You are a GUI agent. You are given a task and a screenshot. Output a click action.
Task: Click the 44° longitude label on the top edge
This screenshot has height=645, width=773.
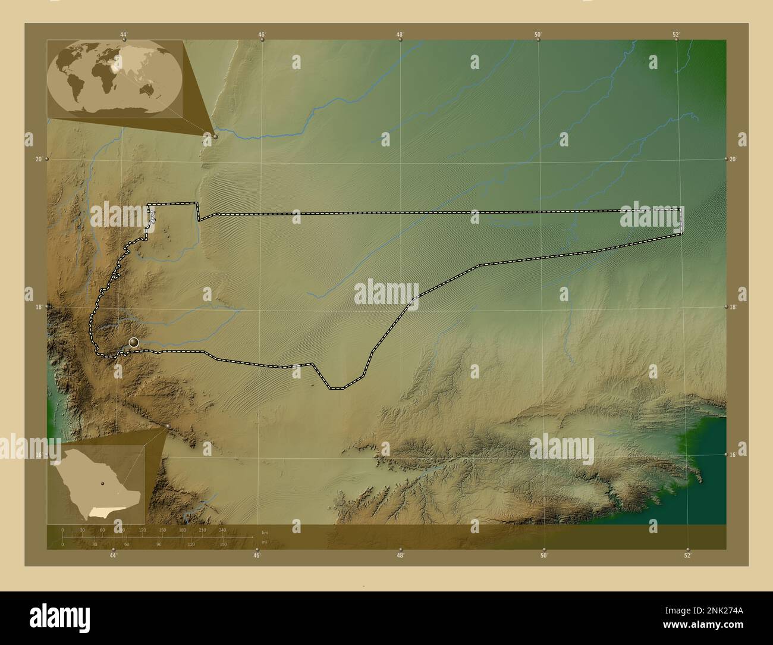pyautogui.click(x=124, y=34)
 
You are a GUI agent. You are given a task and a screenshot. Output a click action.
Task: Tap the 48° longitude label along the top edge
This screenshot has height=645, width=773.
pyautogui.click(x=400, y=34)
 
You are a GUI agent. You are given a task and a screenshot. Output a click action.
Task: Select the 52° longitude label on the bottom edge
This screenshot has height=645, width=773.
pyautogui.click(x=687, y=556)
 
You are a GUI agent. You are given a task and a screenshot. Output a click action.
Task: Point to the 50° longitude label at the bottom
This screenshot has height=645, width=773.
pyautogui.click(x=543, y=556)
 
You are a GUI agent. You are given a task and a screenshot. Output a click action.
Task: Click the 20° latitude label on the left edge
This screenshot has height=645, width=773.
pyautogui.click(x=39, y=159)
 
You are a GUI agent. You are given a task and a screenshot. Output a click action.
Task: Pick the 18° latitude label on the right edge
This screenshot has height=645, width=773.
pyautogui.click(x=733, y=307)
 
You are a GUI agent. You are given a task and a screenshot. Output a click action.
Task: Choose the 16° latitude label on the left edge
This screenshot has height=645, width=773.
pyautogui.click(x=39, y=455)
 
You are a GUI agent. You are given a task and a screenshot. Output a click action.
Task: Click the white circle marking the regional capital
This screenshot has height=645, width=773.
pyautogui.click(x=134, y=342)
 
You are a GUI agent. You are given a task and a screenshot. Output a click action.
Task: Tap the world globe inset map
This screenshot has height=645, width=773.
pyautogui.click(x=115, y=79)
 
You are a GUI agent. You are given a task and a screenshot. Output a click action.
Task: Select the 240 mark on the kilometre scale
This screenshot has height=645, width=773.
pyautogui.click(x=222, y=530)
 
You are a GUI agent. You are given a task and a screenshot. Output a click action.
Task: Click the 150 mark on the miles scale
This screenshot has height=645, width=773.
pyautogui.click(x=222, y=544)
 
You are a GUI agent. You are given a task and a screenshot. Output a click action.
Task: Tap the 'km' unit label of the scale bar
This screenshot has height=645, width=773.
pyautogui.click(x=265, y=532)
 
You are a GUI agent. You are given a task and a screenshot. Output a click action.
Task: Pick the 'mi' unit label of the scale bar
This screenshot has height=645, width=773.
pyautogui.click(x=264, y=542)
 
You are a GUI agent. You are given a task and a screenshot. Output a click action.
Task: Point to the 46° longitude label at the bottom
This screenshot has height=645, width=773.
pyautogui.click(x=257, y=556)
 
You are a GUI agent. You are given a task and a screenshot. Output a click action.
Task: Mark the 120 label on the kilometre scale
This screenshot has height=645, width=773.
pyautogui.click(x=142, y=530)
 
